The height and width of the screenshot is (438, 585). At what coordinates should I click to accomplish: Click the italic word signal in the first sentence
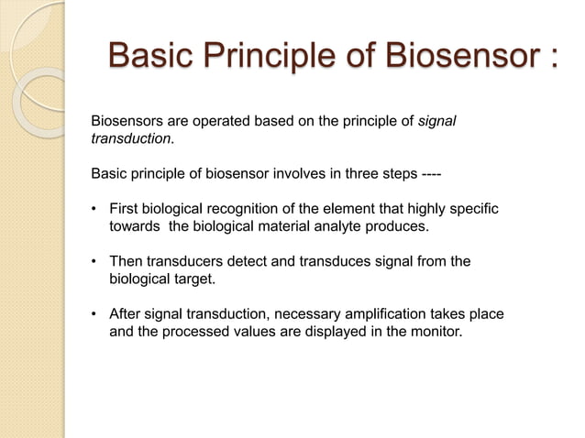pyautogui.click(x=436, y=120)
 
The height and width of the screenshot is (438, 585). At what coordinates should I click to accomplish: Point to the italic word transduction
pyautogui.click(x=129, y=138)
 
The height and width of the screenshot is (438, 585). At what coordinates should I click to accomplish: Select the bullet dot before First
pyautogui.click(x=95, y=209)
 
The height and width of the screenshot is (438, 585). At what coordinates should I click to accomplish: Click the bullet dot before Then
pyautogui.click(x=95, y=262)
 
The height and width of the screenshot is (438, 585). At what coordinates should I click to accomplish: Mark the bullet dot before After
pyautogui.click(x=95, y=315)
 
